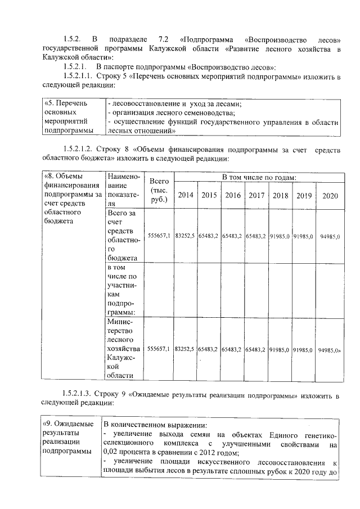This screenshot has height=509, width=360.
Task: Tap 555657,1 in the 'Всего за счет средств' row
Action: [159, 236]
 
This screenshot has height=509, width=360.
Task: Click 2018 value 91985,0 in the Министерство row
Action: [280, 349]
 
